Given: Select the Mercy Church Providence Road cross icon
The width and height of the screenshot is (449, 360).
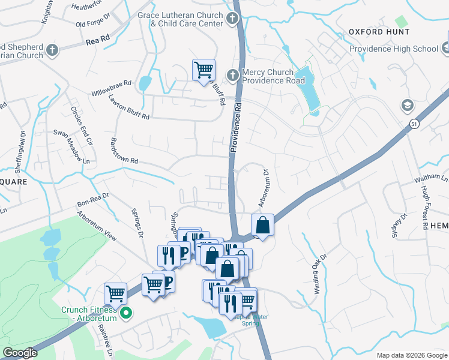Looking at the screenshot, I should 233,75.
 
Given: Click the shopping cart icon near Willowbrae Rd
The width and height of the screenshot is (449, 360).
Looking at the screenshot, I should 203,69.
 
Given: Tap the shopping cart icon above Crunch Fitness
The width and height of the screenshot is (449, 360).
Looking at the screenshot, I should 115,293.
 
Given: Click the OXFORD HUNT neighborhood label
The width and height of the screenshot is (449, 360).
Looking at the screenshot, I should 379,32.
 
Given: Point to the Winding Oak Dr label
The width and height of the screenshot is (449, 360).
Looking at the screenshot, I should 319,274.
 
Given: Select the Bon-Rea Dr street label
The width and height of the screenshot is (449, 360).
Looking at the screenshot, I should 92,200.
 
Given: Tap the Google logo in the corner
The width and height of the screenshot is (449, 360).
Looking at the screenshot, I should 20,353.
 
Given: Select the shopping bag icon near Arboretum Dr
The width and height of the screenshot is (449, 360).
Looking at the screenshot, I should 262,225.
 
